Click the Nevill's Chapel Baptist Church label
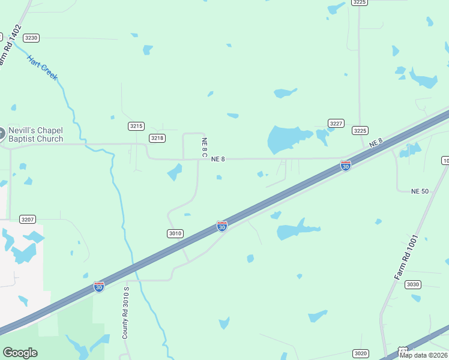click(x=35, y=134)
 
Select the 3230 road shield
click(x=31, y=38)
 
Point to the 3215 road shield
click(x=136, y=126)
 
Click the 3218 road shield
click(x=157, y=138)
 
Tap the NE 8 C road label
click(x=204, y=148)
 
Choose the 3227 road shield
click(x=336, y=123)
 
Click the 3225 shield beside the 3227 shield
click(x=360, y=130)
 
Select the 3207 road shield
click(x=28, y=219)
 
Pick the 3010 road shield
click(x=175, y=233)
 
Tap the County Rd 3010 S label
click(x=126, y=313)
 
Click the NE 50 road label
click(x=420, y=191)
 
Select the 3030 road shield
click(x=412, y=284)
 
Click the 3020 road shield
click(x=360, y=353)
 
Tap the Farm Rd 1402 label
click(x=10, y=45)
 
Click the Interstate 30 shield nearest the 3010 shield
click(x=221, y=226)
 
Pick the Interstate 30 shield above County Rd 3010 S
click(x=99, y=287)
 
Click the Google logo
click(x=20, y=353)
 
